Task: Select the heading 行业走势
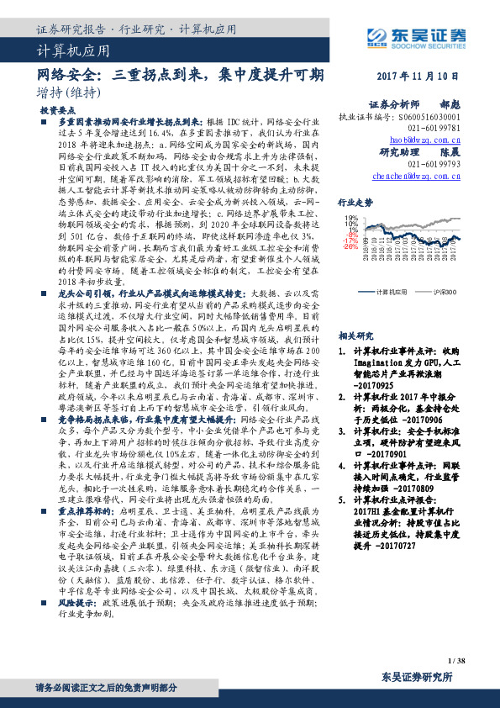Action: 355,203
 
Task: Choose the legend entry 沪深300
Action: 445,291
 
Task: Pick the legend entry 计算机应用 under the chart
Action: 392,291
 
